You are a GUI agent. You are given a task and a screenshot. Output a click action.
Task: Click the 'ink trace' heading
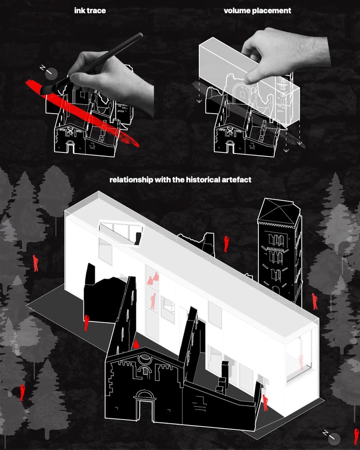(x=90, y=11)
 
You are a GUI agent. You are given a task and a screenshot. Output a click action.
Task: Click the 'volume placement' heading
(x=257, y=11)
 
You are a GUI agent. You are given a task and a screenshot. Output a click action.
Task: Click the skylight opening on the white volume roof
(x=120, y=232)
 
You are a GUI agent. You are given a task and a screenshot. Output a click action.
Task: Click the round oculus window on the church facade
(x=144, y=359)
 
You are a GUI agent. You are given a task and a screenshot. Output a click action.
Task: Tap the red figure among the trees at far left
(x=35, y=263)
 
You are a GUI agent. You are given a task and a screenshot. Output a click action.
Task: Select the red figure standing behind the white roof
(x=226, y=244)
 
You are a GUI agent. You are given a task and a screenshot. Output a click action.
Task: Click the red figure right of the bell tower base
(x=315, y=301)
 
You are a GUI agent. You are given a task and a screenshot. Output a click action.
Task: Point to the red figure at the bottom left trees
(x=22, y=393)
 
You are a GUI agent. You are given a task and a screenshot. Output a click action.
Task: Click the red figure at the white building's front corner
(x=265, y=403)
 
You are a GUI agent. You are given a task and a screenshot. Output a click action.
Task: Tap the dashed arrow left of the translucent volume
(x=199, y=90)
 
